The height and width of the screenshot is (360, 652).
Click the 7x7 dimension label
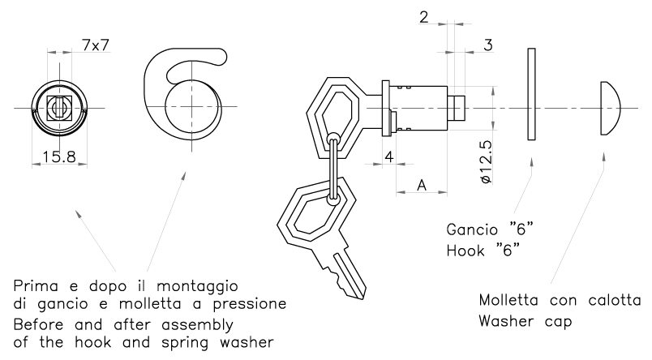click(x=96, y=45)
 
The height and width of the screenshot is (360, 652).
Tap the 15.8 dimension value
click(x=60, y=156)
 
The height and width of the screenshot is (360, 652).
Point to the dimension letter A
click(x=422, y=185)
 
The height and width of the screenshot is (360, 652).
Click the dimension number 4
click(x=390, y=156)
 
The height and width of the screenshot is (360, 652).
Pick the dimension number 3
click(x=488, y=45)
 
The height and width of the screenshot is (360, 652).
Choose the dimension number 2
click(x=425, y=16)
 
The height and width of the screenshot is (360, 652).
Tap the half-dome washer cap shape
click(x=610, y=108)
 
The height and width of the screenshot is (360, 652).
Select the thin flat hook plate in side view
click(x=531, y=94)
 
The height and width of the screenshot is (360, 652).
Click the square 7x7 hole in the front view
click(x=58, y=107)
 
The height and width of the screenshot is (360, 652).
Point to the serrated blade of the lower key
click(x=345, y=272)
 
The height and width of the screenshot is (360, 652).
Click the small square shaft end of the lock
click(x=458, y=108)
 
